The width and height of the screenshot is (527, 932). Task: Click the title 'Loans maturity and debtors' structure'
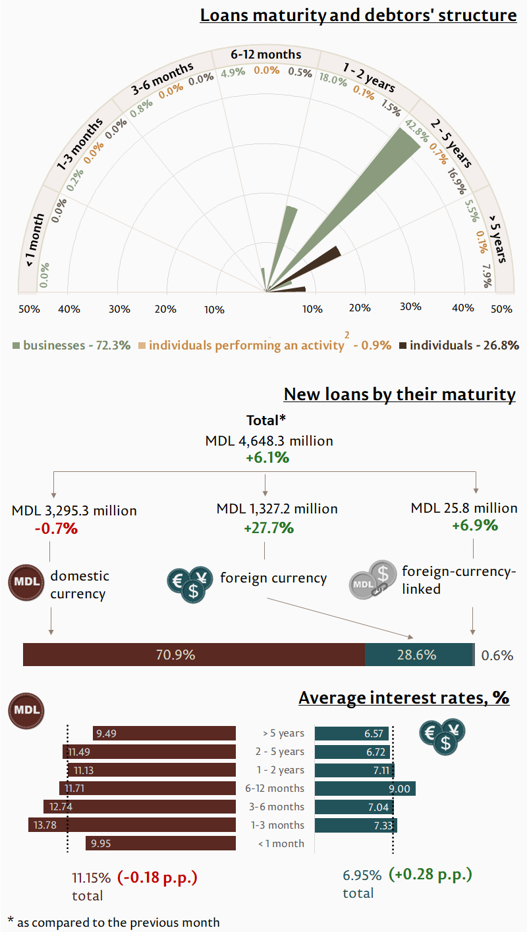358,15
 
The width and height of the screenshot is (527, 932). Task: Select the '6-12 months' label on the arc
266,55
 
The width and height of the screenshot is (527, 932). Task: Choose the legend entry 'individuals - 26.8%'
464,345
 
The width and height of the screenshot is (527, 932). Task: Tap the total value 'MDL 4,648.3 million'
269,441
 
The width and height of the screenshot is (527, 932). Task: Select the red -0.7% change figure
56,529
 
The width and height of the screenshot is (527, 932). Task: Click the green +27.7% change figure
269,528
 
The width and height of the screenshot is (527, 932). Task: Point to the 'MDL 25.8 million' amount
464,508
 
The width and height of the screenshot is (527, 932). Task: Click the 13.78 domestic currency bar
132,825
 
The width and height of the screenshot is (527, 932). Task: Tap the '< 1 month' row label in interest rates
281,844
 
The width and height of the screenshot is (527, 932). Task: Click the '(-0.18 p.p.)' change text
157,877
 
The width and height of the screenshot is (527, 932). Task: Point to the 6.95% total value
362,875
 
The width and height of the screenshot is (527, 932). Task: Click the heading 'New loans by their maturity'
399,394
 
